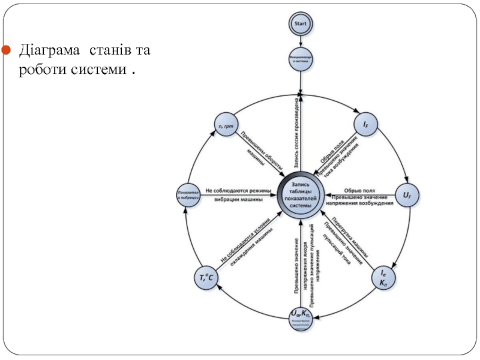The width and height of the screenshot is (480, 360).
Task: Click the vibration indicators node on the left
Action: pos(187,194)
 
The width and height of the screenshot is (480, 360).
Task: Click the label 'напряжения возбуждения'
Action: pos(361,203)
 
